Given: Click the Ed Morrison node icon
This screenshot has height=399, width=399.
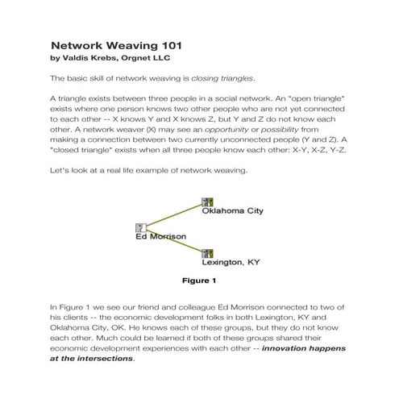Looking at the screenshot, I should click(x=140, y=228).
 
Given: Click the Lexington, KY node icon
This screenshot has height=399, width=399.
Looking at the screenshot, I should click(x=207, y=253).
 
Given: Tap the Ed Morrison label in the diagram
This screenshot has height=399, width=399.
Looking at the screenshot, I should click(x=161, y=237).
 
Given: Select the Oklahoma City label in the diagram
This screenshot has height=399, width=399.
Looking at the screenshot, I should click(x=232, y=211).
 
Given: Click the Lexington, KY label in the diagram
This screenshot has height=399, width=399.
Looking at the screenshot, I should click(x=231, y=263).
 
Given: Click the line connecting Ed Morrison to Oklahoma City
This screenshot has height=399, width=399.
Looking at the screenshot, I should click(x=173, y=214).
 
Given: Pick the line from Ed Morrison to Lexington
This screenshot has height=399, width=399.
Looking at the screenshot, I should click(x=173, y=241).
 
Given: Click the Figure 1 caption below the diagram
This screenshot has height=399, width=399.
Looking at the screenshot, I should click(x=199, y=281).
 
